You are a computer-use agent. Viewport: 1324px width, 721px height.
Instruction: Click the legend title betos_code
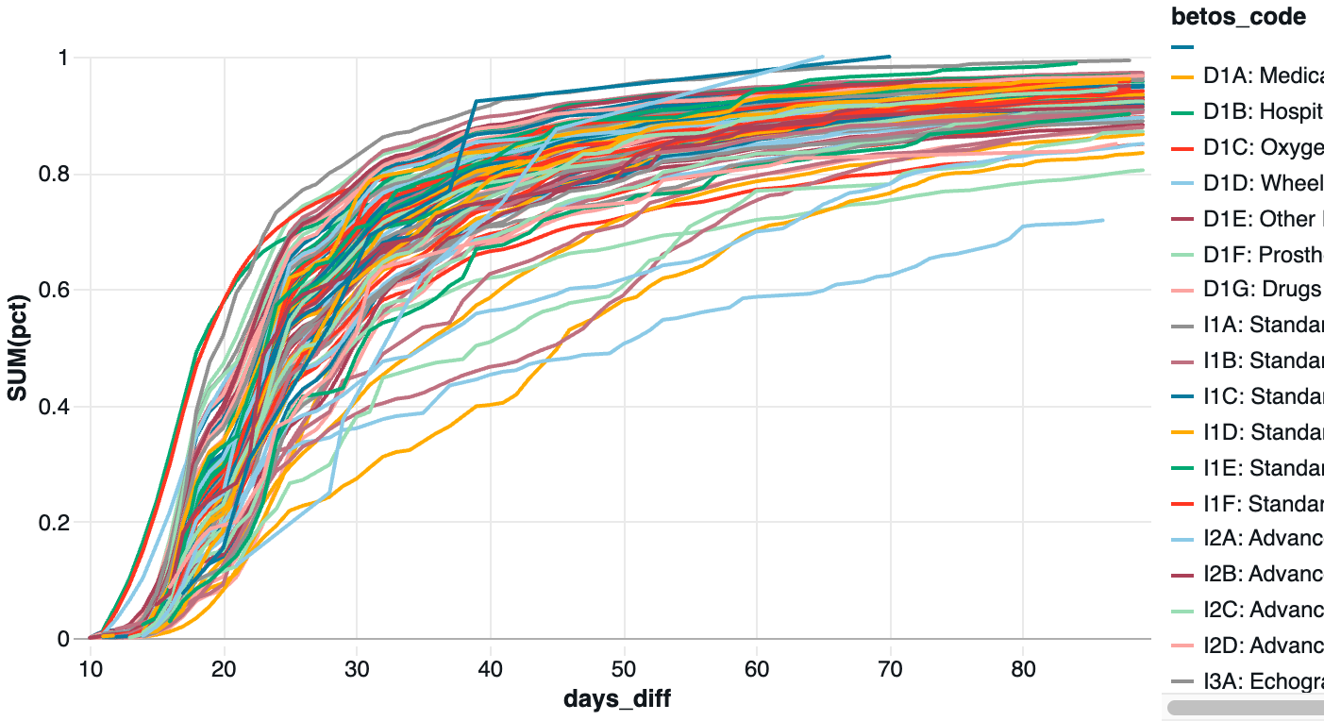1238,16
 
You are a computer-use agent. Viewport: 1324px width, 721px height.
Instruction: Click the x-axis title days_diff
617,699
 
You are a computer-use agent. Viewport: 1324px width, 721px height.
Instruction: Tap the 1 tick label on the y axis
63,59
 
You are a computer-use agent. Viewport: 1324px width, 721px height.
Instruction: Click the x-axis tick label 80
1023,668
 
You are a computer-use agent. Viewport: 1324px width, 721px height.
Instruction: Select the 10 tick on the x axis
91,668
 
